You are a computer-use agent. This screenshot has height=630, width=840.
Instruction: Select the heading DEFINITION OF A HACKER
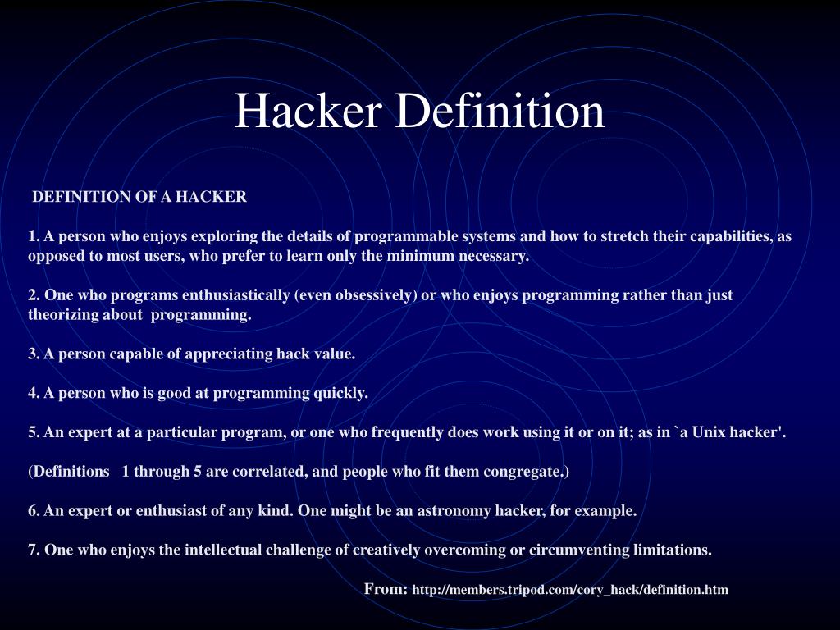coord(139,197)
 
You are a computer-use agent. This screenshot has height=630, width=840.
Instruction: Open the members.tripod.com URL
coord(570,590)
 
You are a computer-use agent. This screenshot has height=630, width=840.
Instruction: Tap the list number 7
coord(33,550)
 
